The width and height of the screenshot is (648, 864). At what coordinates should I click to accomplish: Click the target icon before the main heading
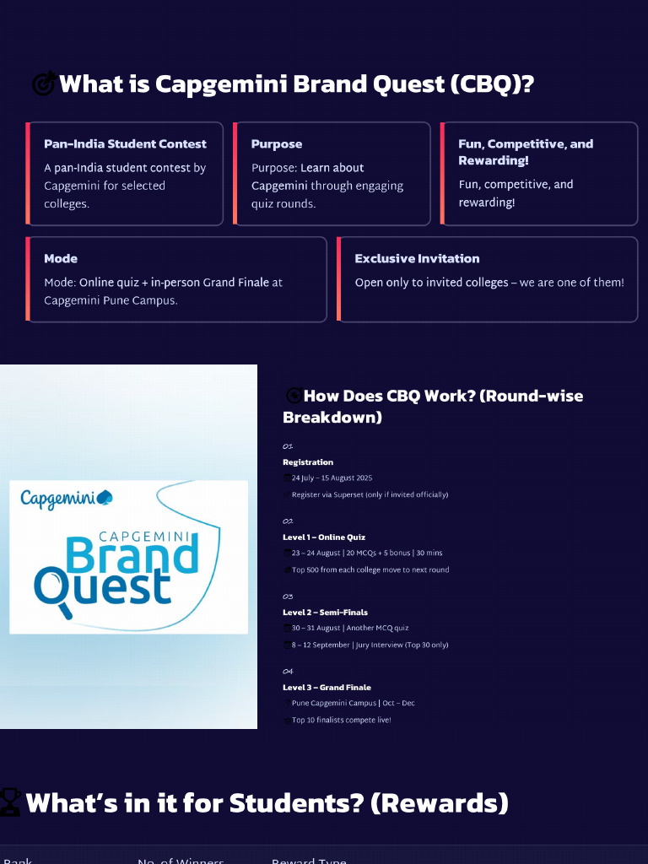click(44, 84)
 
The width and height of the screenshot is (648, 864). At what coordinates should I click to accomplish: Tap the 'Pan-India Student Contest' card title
click(125, 143)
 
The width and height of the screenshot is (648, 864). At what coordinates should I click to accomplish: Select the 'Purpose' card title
click(277, 143)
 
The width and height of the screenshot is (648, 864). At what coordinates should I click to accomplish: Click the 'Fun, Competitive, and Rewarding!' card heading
click(525, 152)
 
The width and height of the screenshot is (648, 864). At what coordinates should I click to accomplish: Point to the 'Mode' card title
click(61, 258)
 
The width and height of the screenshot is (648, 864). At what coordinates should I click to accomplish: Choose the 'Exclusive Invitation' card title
click(417, 258)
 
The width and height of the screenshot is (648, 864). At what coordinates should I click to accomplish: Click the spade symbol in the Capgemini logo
click(105, 498)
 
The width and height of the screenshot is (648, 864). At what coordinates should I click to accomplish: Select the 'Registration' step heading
click(308, 462)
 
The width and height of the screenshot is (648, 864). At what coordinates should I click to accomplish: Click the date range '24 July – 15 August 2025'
click(332, 478)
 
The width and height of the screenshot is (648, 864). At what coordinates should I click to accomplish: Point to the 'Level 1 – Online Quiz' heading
click(324, 537)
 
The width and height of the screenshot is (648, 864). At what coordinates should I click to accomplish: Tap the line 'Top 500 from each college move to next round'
click(370, 570)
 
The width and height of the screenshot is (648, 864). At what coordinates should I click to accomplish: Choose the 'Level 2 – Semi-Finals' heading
click(325, 613)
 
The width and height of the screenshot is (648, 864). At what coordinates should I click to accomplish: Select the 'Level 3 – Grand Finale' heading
click(327, 688)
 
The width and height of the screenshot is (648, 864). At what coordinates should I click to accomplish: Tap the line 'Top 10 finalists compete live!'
click(342, 720)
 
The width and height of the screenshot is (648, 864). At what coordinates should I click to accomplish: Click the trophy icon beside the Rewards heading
click(10, 802)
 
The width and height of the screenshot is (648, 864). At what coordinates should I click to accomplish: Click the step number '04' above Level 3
click(288, 672)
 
